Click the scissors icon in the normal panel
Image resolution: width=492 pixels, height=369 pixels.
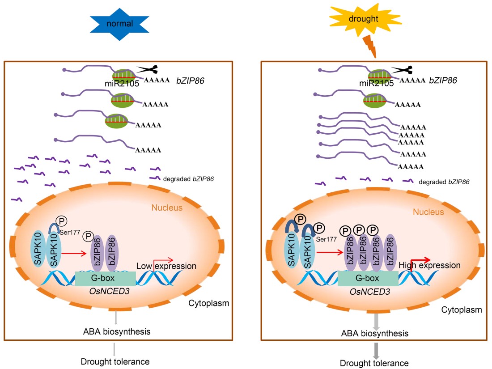[148, 69]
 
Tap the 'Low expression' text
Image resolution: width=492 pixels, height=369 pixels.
[166, 266]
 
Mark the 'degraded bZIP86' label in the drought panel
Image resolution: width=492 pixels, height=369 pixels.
[444, 182]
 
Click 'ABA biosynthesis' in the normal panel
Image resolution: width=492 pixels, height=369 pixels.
[116, 332]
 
